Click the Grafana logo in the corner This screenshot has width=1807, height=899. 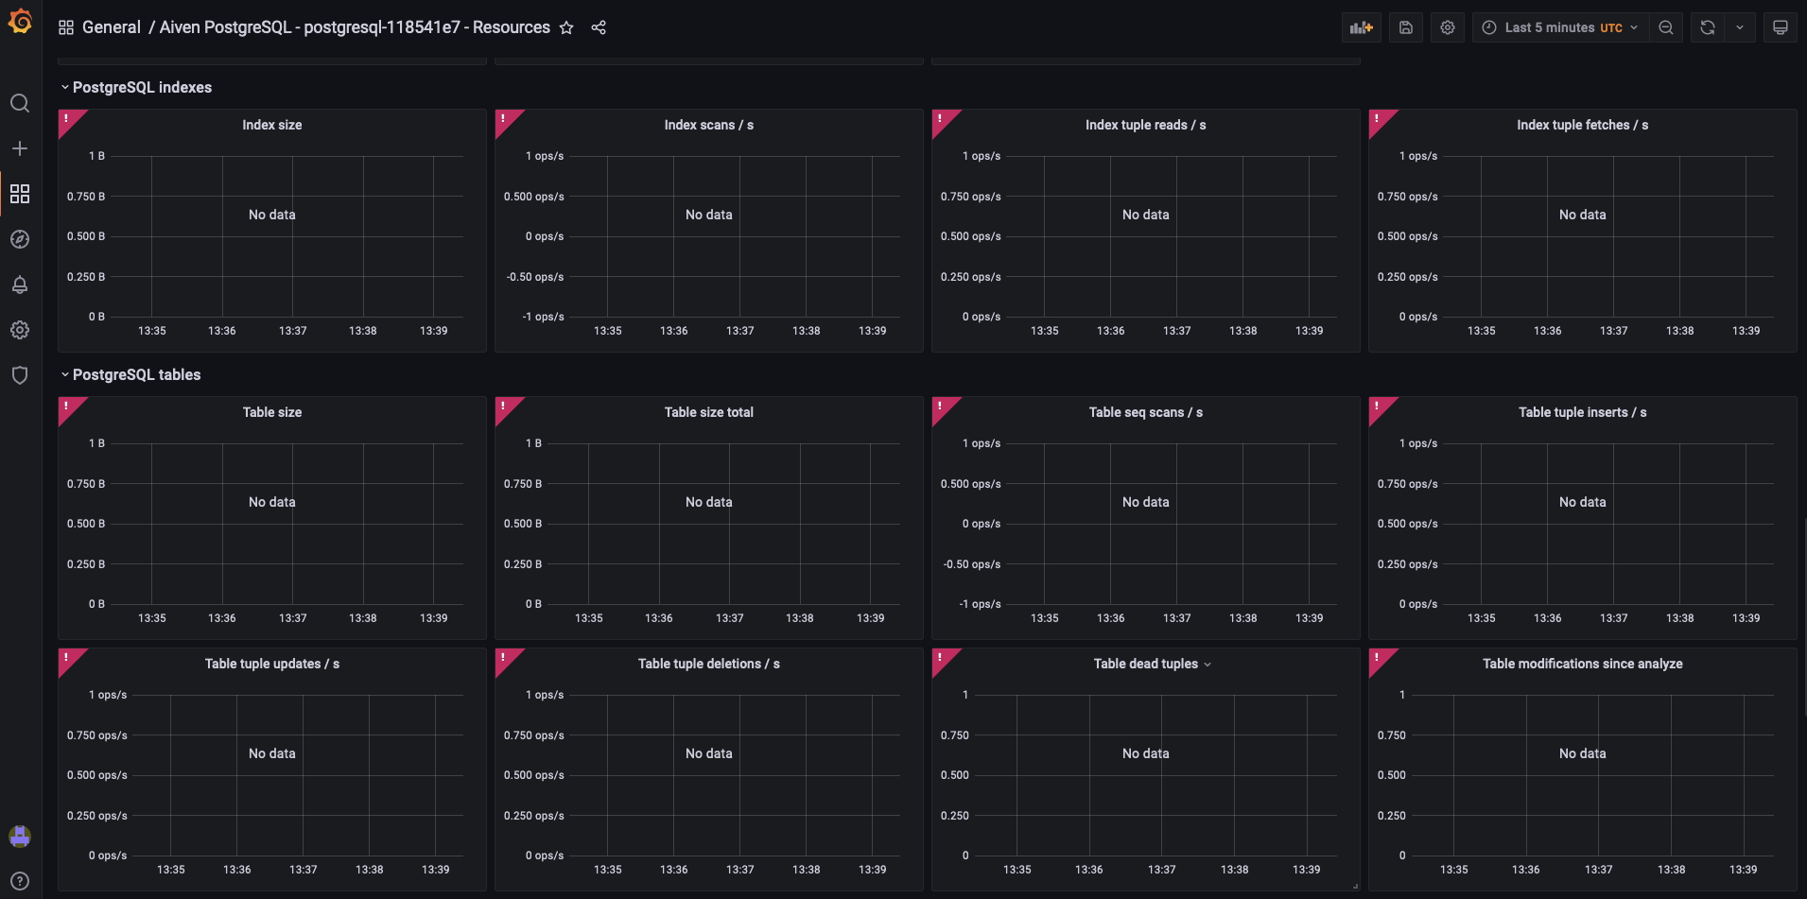point(20,21)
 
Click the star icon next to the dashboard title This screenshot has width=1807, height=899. point(566,27)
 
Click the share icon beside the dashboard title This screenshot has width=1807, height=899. point(599,27)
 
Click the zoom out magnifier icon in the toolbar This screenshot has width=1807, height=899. point(1666,27)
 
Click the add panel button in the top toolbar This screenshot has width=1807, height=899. point(1361,27)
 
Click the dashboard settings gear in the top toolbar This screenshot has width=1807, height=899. point(1447,27)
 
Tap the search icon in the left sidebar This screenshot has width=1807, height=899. point(20,103)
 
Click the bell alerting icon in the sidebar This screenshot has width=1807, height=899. point(20,285)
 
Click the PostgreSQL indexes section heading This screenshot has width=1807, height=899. point(142,87)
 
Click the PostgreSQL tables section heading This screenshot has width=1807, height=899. point(136,374)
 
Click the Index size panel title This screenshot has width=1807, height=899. point(271,125)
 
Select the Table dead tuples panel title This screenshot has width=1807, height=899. point(1145,664)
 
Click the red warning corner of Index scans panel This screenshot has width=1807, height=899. point(505,120)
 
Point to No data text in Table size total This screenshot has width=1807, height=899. point(708,502)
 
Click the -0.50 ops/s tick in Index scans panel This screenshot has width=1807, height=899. point(534,277)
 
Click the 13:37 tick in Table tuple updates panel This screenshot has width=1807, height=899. point(303,870)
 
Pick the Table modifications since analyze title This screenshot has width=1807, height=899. point(1582,664)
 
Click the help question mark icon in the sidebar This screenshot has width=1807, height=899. point(20,881)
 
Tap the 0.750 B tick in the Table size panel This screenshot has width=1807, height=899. point(86,484)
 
